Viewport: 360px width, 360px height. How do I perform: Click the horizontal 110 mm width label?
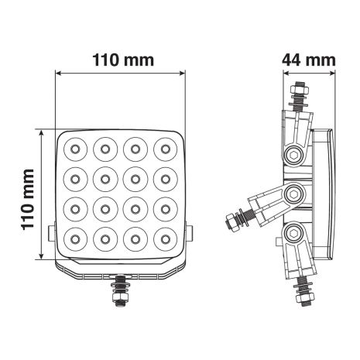click(122, 59)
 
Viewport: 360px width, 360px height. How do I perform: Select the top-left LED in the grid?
click(77, 147)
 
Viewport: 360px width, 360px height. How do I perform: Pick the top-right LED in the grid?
click(165, 147)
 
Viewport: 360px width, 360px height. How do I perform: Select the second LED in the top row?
click(106, 147)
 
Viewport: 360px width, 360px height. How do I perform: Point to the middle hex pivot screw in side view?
click(294, 193)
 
